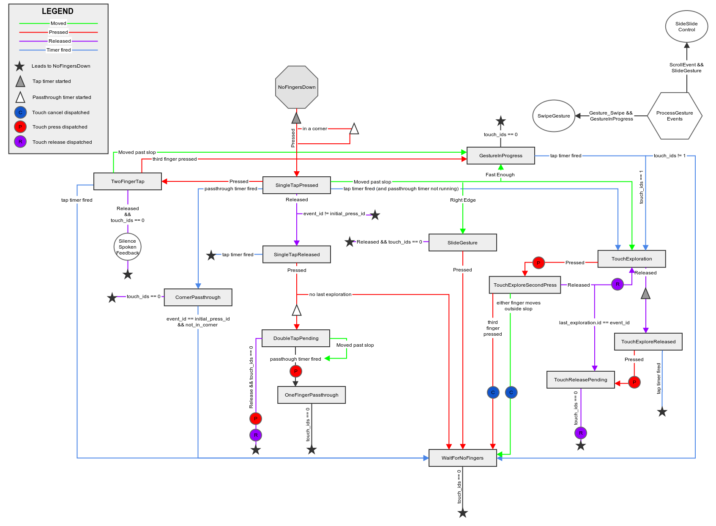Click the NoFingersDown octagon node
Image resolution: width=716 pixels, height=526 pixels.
pyautogui.click(x=297, y=87)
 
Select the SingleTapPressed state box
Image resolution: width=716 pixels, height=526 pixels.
pyautogui.click(x=297, y=185)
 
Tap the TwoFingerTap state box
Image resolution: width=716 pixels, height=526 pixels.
pyautogui.click(x=128, y=181)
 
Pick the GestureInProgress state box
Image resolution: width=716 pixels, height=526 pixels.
pyautogui.click(x=500, y=156)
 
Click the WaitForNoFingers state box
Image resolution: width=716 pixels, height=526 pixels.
pyautogui.click(x=462, y=458)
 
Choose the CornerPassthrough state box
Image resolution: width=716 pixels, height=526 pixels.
pyautogui.click(x=198, y=297)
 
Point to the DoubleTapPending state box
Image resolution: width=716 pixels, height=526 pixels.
pyautogui.click(x=296, y=338)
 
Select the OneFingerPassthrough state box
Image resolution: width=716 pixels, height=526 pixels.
pyautogui.click(x=312, y=395)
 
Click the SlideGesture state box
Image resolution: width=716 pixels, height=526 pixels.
pyautogui.click(x=462, y=243)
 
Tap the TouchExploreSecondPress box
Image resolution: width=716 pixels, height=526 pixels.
pyautogui.click(x=525, y=285)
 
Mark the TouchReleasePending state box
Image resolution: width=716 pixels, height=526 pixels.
pyautogui.click(x=580, y=380)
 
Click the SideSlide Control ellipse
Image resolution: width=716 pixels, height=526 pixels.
pyautogui.click(x=686, y=27)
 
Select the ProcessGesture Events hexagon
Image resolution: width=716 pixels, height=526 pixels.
pyautogui.click(x=675, y=116)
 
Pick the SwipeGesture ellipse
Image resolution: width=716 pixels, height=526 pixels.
pyautogui.click(x=554, y=116)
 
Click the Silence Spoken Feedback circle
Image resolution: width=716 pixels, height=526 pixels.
pyautogui.click(x=128, y=247)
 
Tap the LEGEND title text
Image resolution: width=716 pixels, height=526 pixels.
pyautogui.click(x=57, y=11)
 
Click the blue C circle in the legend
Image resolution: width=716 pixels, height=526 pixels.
pyautogui.click(x=20, y=112)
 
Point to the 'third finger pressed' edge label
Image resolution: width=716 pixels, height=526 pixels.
pyautogui.click(x=175, y=159)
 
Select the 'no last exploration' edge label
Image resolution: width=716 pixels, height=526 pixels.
pyautogui.click(x=330, y=294)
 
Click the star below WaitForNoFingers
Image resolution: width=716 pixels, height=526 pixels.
pyautogui.click(x=463, y=513)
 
